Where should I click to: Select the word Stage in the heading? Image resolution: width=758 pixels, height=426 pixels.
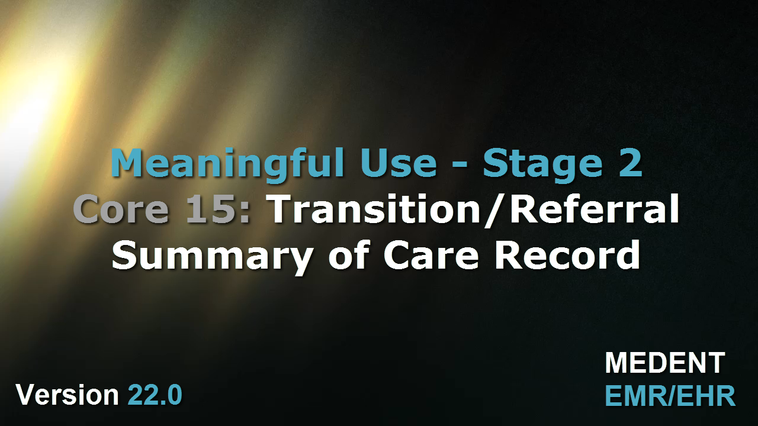[x=543, y=166]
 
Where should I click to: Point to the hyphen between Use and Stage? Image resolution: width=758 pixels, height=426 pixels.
[x=460, y=165]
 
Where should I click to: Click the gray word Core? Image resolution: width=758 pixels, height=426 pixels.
[x=121, y=209]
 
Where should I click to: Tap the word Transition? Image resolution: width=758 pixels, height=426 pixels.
[x=374, y=209]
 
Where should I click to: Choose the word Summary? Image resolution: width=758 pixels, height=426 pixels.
[x=213, y=256]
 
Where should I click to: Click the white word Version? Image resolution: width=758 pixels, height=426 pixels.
[x=67, y=395]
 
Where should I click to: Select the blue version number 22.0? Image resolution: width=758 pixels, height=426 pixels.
[x=155, y=395]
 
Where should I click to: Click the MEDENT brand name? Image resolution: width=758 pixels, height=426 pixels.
[x=664, y=363]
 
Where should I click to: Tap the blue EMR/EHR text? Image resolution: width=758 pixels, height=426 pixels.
[x=670, y=395]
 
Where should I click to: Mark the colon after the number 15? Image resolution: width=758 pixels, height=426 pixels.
[x=245, y=212]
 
